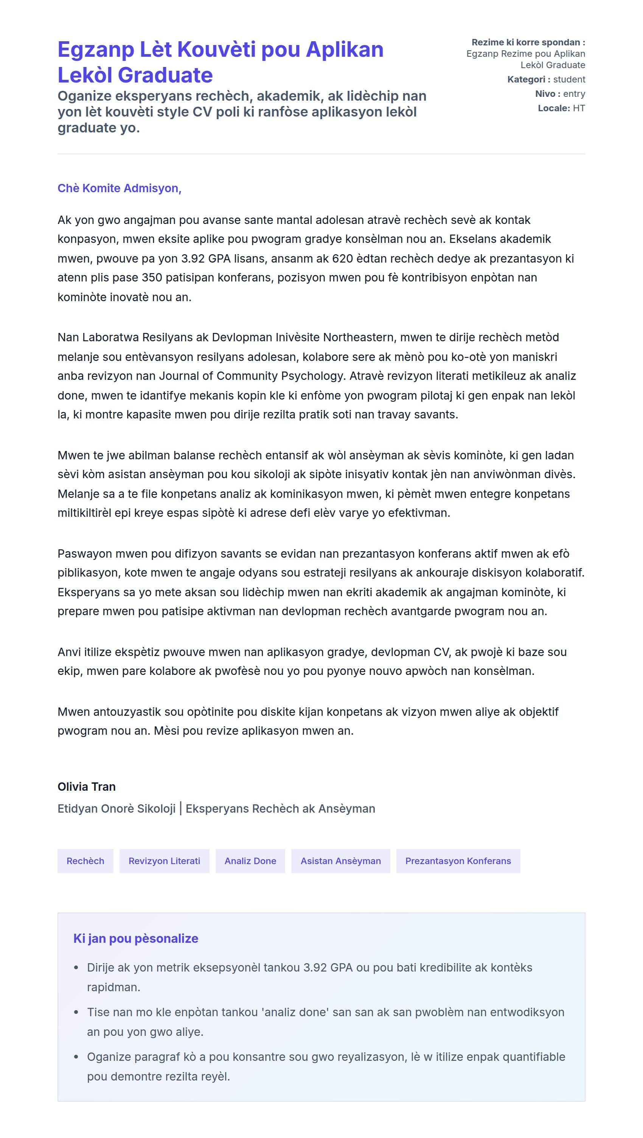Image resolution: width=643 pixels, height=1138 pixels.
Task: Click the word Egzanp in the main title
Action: (x=96, y=50)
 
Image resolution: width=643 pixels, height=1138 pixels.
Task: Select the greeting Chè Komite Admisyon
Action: (x=119, y=188)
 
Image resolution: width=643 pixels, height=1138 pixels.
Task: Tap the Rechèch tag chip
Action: (x=85, y=861)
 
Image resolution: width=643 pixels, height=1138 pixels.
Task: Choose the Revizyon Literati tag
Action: (x=164, y=861)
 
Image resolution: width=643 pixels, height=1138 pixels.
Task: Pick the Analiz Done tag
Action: (x=250, y=861)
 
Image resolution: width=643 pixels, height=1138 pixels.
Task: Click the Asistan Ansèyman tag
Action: (x=340, y=861)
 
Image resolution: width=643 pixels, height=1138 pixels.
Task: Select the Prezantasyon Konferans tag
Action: (x=458, y=861)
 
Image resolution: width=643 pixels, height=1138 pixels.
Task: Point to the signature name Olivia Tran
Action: (x=87, y=787)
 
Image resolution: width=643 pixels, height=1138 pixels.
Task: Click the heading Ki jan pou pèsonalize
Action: (x=135, y=938)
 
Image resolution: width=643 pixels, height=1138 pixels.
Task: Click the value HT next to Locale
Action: (x=579, y=108)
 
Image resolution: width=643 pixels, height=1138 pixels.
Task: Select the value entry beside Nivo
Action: (x=574, y=94)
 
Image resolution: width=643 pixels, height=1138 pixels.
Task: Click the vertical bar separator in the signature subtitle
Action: (x=181, y=808)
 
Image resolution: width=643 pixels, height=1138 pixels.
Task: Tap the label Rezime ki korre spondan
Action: (x=528, y=42)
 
